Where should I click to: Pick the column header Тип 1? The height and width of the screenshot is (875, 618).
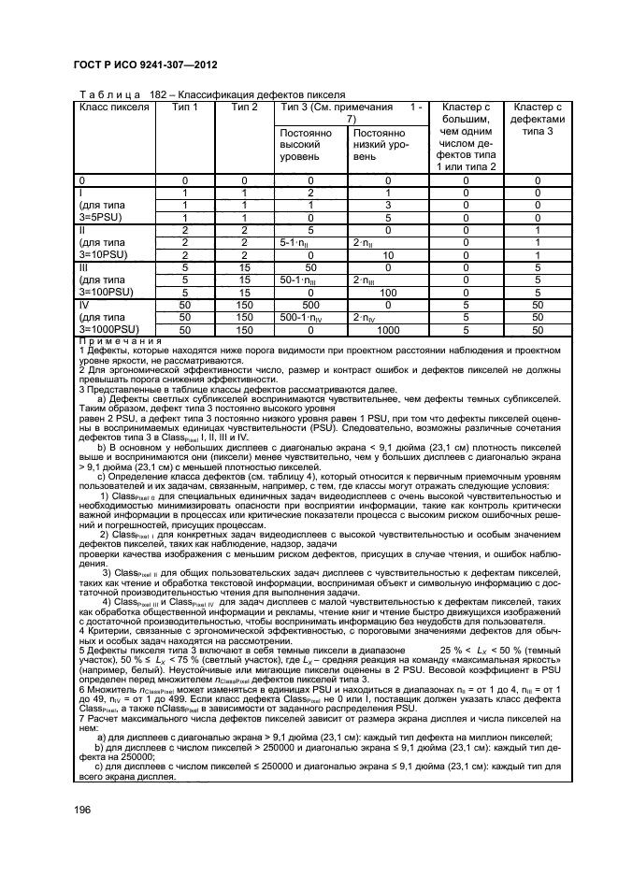[x=185, y=107]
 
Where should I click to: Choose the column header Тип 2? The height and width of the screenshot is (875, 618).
[x=244, y=107]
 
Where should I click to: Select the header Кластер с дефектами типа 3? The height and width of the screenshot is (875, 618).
[x=538, y=120]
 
